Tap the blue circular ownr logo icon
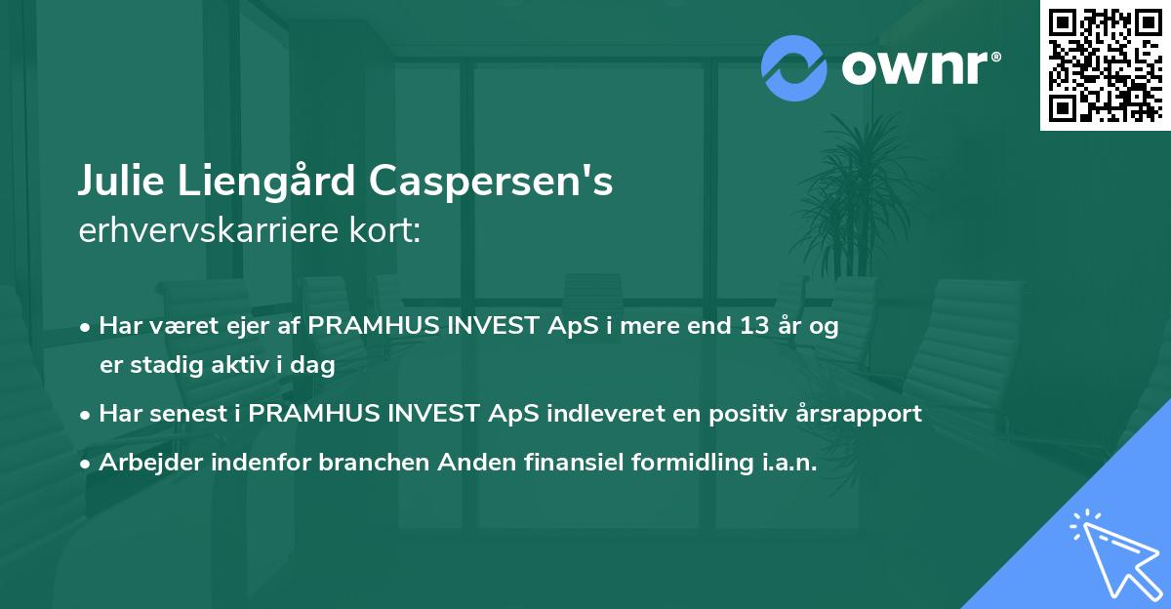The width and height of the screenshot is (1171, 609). (x=794, y=68)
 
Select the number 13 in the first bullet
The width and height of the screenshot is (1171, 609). (x=755, y=326)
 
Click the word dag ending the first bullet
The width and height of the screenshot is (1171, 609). (x=315, y=366)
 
